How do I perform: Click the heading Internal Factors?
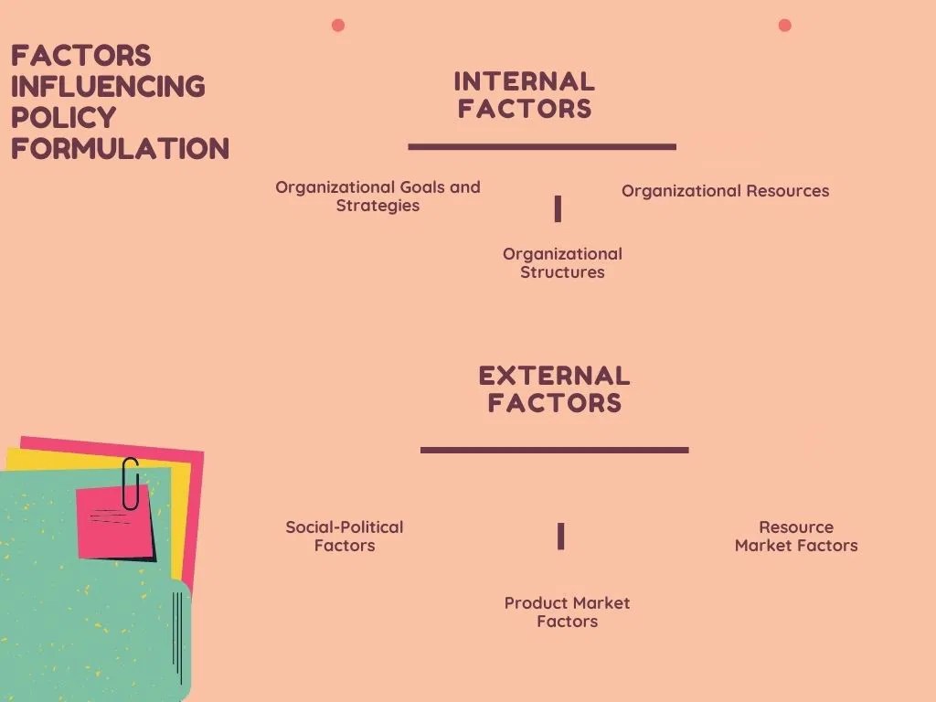(x=525, y=95)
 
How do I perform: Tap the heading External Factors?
(x=554, y=389)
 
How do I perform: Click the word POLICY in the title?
(x=63, y=117)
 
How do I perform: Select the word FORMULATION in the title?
(x=120, y=148)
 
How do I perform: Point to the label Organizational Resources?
(x=725, y=191)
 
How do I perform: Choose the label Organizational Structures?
(x=562, y=263)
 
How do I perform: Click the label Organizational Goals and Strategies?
(x=378, y=197)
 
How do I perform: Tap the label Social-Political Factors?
(x=345, y=537)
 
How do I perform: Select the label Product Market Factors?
(x=567, y=612)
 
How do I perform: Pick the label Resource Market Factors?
(x=796, y=537)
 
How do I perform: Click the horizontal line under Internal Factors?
(x=542, y=146)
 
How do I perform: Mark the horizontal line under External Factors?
(x=554, y=450)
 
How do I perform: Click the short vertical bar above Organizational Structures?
(x=558, y=209)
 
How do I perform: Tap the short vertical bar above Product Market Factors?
(x=561, y=537)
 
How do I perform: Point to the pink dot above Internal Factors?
(x=338, y=25)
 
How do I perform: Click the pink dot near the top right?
(x=784, y=25)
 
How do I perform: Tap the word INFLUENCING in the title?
(x=108, y=86)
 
